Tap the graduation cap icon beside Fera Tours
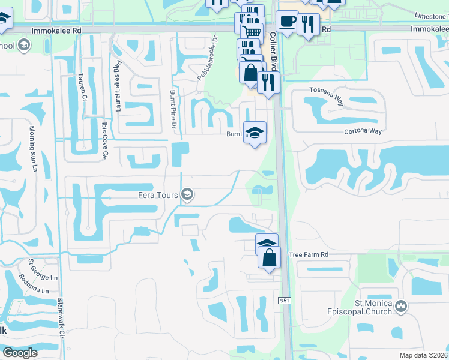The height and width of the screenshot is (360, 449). (x=187, y=194)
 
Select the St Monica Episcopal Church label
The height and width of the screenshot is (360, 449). (x=369, y=307)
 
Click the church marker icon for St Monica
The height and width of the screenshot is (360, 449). (x=402, y=307)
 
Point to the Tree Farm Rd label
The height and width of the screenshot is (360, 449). (x=309, y=254)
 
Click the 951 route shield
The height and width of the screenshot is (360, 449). (x=285, y=300)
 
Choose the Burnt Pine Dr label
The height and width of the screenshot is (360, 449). (x=173, y=109)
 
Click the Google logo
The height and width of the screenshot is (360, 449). (x=20, y=353)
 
